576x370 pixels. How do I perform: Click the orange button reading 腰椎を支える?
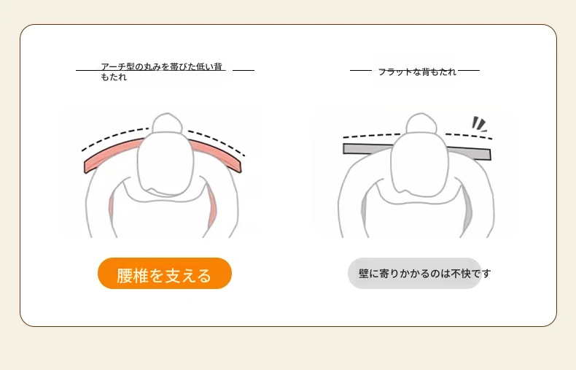(x=165, y=273)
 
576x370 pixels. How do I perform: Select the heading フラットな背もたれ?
(x=417, y=72)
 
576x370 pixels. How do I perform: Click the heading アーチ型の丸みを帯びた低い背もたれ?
(x=162, y=72)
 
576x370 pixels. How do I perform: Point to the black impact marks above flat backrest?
(x=479, y=124)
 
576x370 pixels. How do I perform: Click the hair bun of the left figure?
(x=167, y=123)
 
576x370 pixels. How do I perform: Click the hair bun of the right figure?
(x=421, y=123)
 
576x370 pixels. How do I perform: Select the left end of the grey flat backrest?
(x=345, y=149)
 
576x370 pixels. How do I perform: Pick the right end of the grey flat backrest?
(x=490, y=155)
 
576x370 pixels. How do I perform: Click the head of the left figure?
(x=166, y=163)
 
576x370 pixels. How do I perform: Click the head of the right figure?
(x=419, y=163)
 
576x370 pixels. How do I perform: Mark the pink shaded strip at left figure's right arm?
(x=212, y=208)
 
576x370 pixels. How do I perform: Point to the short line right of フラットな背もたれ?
(x=469, y=70)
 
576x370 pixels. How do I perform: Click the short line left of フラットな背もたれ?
(x=361, y=70)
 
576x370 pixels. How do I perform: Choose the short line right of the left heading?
(x=244, y=70)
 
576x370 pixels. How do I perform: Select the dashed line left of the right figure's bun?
(x=372, y=136)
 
